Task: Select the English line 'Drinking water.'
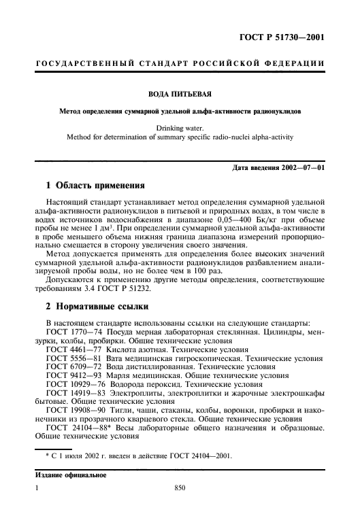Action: point(180,126)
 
